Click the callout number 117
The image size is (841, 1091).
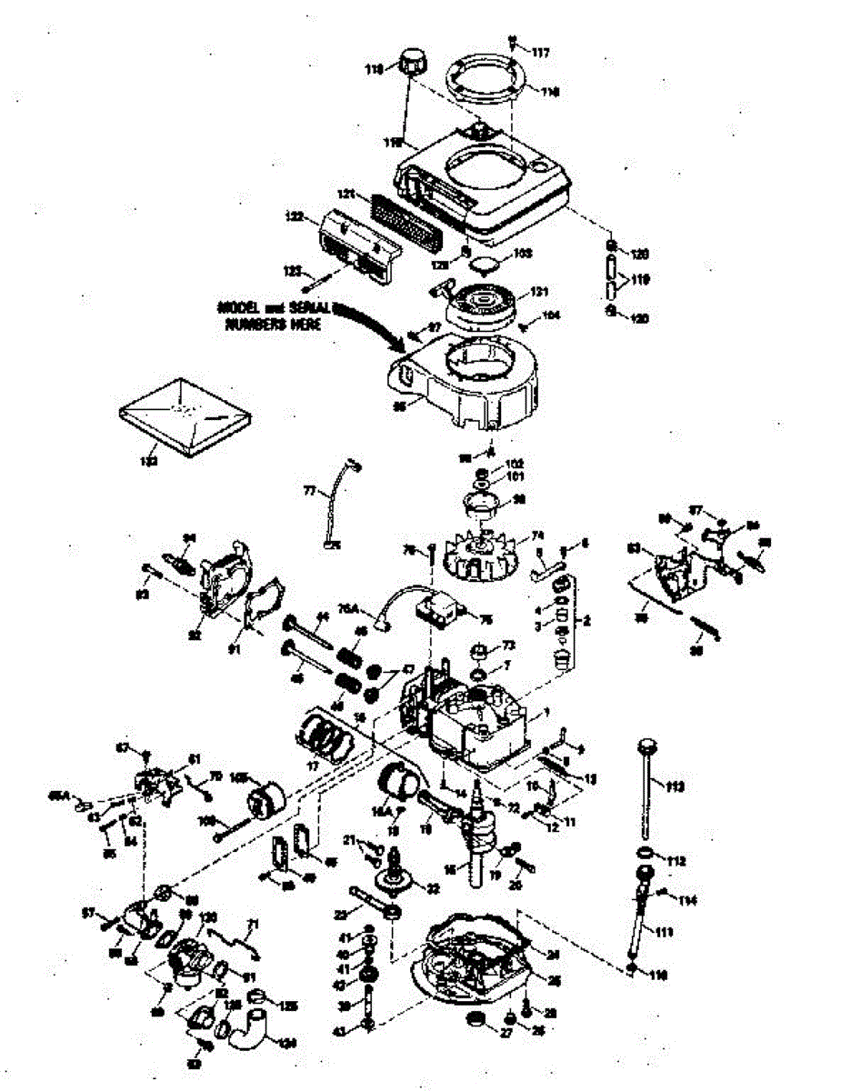point(541,54)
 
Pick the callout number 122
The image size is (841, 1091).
point(294,217)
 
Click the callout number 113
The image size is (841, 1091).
point(676,784)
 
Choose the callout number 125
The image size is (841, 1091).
point(289,1006)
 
